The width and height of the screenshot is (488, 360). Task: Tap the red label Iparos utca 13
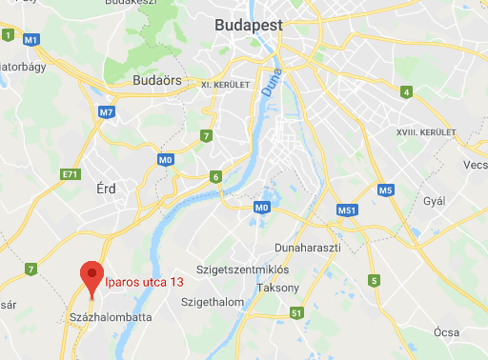[144, 282]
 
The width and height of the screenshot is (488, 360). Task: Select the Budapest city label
[253, 25]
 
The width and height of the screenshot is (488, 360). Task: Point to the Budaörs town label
[157, 79]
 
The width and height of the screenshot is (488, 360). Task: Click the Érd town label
[107, 189]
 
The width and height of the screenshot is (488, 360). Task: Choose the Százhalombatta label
[111, 316]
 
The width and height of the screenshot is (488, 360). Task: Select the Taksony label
[278, 288]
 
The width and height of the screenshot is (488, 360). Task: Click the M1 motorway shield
[31, 39]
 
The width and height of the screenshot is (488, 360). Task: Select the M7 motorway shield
[106, 112]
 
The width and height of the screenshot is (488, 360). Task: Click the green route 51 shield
[297, 313]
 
